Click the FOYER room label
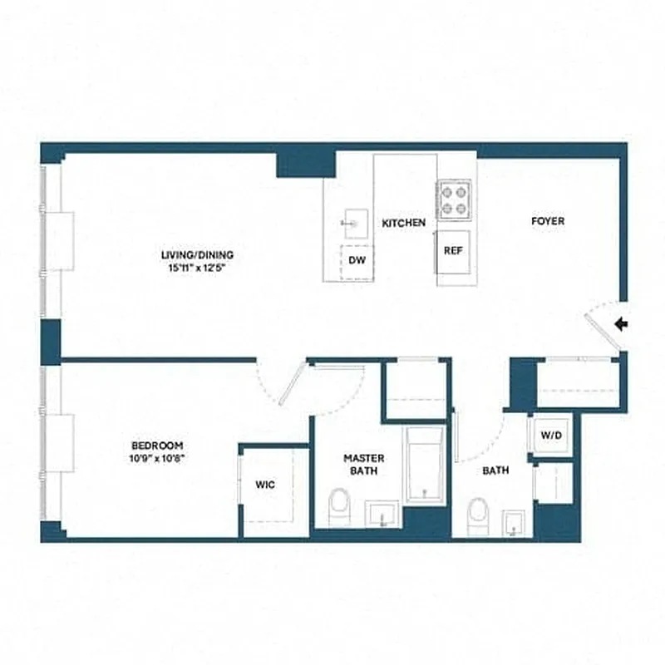pos(548,221)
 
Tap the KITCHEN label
pos(404,223)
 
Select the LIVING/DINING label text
pos(198,254)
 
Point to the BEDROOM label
pos(156,446)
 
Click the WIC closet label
pos(265,484)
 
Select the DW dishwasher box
pos(357,259)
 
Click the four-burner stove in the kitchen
pos(455,199)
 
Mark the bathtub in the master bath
pos(426,465)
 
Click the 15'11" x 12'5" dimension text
pos(198,268)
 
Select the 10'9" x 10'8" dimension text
pos(156,459)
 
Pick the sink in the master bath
pos(383,514)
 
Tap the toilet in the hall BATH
pos(477,515)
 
